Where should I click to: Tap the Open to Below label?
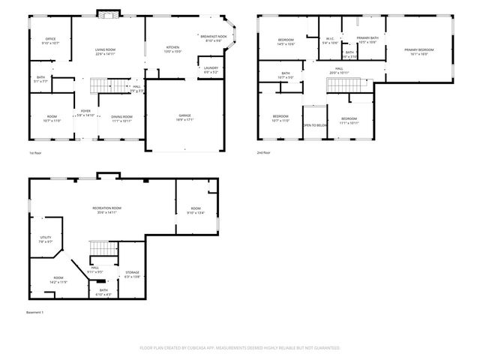pyautogui.click(x=315, y=125)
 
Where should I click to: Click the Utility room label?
pyautogui.click(x=46, y=239)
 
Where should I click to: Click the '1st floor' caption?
pyautogui.click(x=34, y=152)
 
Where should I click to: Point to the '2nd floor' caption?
pyautogui.click(x=262, y=152)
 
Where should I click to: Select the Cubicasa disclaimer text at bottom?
pyautogui.click(x=240, y=348)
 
